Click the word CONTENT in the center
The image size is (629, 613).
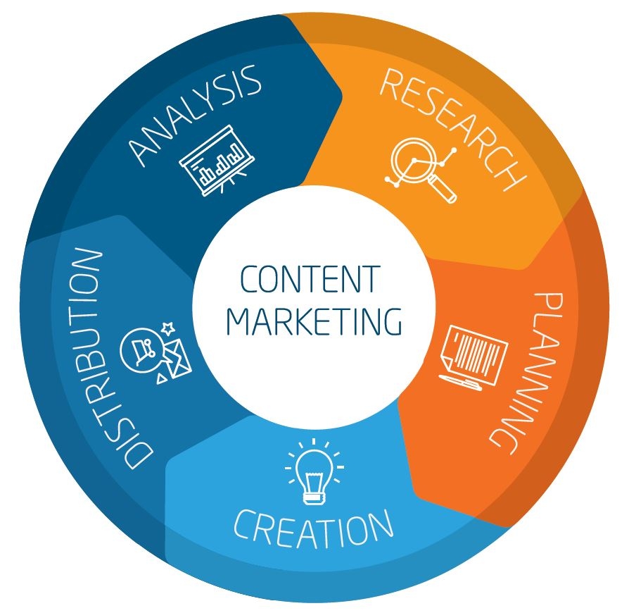point(310,279)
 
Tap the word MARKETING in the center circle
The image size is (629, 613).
point(314,321)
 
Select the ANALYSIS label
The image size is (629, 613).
point(195,114)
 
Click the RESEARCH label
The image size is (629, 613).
point(453,128)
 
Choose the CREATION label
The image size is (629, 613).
point(313,529)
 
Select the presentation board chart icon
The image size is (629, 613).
point(217,160)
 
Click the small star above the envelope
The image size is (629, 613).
point(168,328)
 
